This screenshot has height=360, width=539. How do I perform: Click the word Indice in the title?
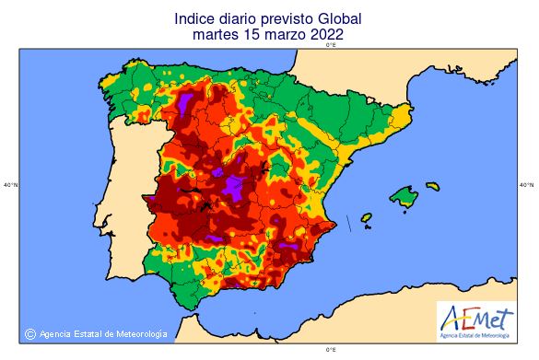[194, 17]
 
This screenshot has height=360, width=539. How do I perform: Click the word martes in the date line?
[215, 35]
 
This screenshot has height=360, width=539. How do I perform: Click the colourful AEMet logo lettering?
[477, 316]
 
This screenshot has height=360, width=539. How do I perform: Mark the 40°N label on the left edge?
[10, 185]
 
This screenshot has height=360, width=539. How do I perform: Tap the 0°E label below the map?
[331, 350]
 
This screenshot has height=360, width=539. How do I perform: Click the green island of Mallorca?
[404, 195]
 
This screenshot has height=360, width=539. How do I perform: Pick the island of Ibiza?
[366, 218]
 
